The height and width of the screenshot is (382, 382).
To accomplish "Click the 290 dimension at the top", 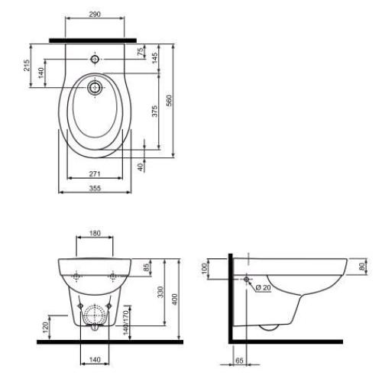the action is click(x=95, y=14).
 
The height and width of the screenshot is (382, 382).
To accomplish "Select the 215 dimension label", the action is click(x=27, y=65).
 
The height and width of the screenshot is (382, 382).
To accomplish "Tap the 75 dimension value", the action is click(x=141, y=52).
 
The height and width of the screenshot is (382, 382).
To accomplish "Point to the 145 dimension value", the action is click(x=154, y=58).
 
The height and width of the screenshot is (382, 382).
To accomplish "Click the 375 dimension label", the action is click(x=154, y=112).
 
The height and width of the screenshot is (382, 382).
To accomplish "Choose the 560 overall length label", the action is click(x=169, y=101).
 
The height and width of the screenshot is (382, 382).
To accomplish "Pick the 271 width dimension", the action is click(x=95, y=173).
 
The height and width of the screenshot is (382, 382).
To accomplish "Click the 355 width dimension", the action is click(x=95, y=188).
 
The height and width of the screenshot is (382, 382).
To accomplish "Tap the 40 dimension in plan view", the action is click(x=141, y=167).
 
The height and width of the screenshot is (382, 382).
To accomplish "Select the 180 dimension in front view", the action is click(x=95, y=233).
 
